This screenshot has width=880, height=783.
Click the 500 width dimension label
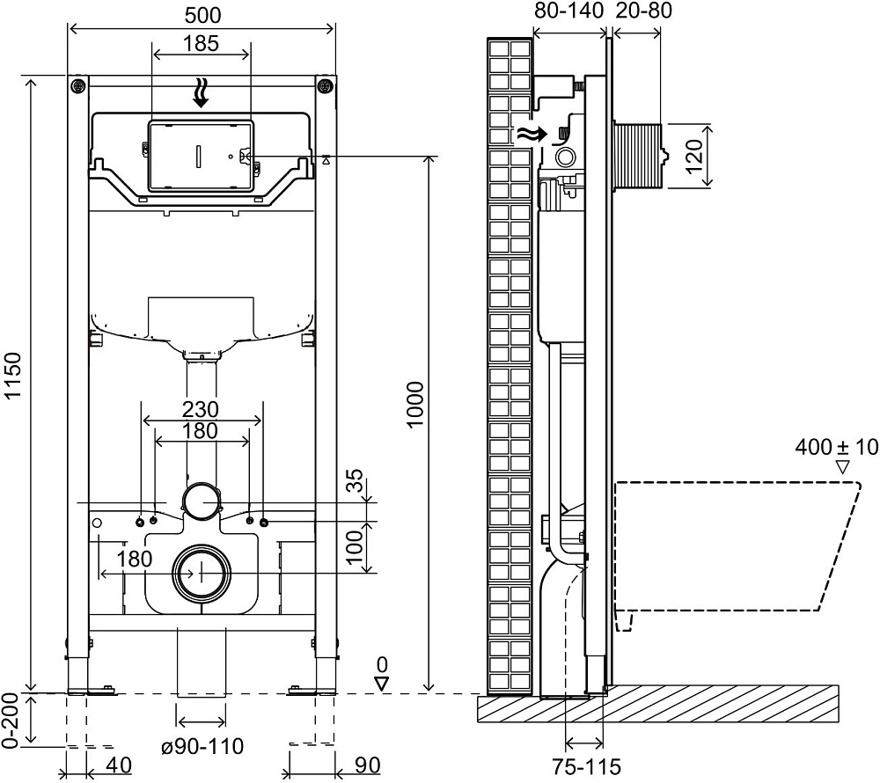(x=202, y=14)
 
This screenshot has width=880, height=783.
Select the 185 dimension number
(x=202, y=44)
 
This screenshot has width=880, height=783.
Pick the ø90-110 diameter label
(x=202, y=746)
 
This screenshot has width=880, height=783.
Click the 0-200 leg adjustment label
(x=11, y=720)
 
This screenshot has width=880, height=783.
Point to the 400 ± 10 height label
(x=836, y=447)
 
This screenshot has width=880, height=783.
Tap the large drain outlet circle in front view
(x=202, y=573)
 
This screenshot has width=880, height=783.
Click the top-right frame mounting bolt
(x=326, y=85)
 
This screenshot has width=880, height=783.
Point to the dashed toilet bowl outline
(x=739, y=545)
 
